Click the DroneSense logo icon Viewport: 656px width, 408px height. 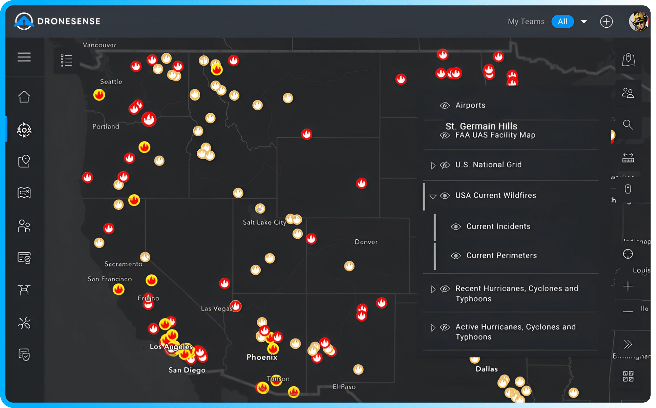(x=24, y=21)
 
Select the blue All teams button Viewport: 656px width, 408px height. (x=562, y=22)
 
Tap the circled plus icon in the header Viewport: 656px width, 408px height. (x=606, y=22)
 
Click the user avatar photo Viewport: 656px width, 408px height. (x=638, y=22)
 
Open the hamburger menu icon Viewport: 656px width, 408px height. (x=24, y=57)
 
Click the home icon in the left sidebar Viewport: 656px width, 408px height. (x=24, y=97)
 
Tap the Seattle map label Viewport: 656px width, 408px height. (x=111, y=82)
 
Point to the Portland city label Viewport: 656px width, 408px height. (x=106, y=127)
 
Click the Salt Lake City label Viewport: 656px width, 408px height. (x=265, y=222)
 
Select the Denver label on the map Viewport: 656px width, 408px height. (x=366, y=242)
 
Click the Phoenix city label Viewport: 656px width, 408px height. (x=262, y=357)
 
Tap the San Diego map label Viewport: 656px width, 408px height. (x=187, y=370)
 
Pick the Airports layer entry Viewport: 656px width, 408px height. (x=470, y=105)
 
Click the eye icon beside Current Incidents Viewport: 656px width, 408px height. (x=456, y=227)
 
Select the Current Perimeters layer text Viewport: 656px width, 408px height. (x=501, y=256)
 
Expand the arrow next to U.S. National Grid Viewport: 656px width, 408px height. (x=433, y=165)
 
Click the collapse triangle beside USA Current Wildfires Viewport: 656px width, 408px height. (x=433, y=196)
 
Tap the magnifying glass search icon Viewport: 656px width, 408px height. (x=628, y=124)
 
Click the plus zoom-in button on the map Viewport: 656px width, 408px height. (x=628, y=286)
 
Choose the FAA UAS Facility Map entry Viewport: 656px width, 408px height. (x=495, y=135)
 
